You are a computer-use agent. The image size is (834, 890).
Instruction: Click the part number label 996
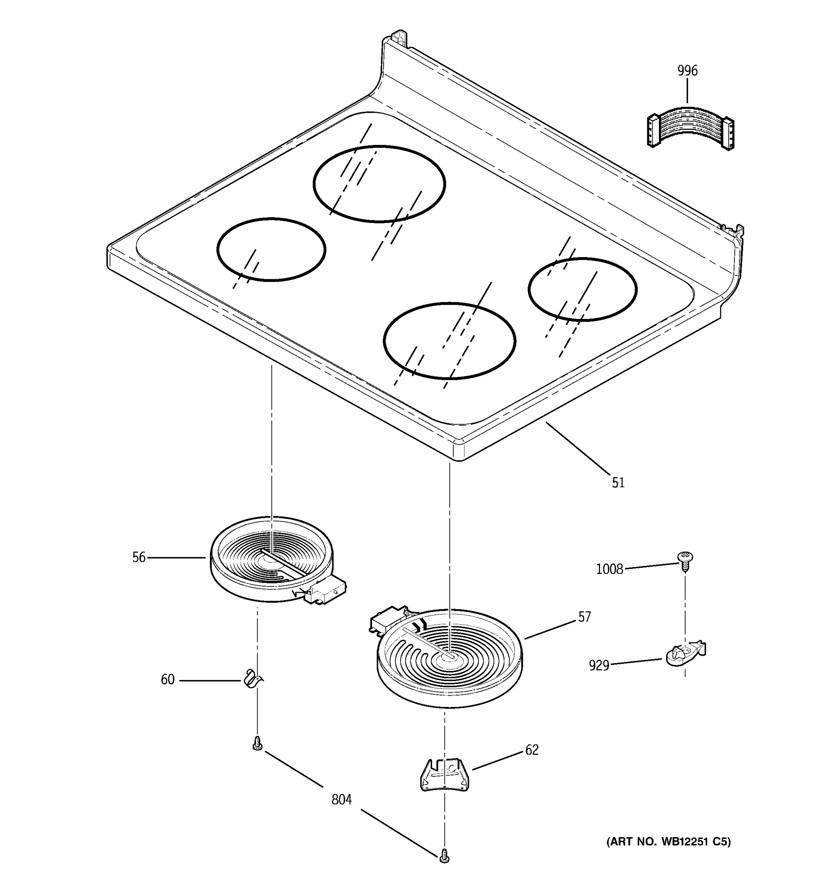pos(687,71)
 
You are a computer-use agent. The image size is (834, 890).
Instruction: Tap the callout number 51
pos(618,482)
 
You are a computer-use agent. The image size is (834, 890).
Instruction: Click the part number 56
pos(139,557)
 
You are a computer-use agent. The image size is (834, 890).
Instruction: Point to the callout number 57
pos(584,617)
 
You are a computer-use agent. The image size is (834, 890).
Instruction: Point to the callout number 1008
pos(609,569)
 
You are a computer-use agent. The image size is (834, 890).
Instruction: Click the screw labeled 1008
pos(684,560)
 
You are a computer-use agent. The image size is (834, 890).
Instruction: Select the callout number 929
pos(599,666)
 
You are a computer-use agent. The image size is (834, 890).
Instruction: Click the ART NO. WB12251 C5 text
pos(668,842)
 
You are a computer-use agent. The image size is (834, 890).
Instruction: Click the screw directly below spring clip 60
pos(257,744)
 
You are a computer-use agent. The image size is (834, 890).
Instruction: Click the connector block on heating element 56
pos(328,592)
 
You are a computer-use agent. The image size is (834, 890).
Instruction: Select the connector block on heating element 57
pos(387,620)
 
